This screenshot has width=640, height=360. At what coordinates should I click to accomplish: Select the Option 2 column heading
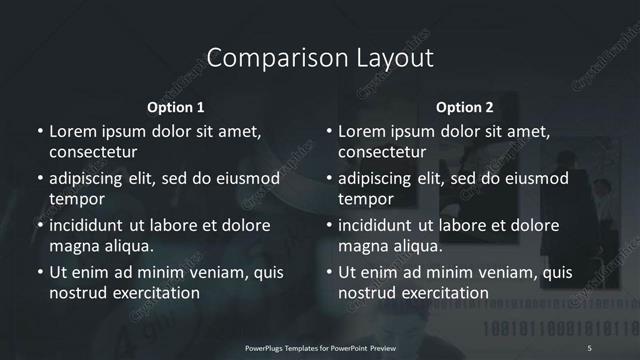(x=465, y=107)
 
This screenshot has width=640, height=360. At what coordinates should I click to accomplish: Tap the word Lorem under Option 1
(x=73, y=131)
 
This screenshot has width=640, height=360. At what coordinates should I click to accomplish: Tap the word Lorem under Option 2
(x=363, y=131)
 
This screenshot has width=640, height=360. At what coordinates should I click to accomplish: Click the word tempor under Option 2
(x=366, y=199)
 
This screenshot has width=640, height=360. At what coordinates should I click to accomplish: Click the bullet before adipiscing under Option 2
(x=329, y=179)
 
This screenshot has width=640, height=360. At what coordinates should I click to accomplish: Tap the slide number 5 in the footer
(x=590, y=346)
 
